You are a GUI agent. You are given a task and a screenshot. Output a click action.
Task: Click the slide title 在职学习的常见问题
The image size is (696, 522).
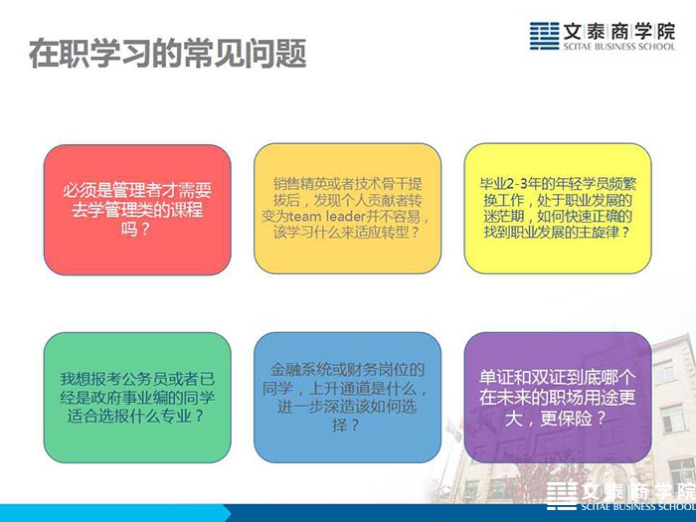click(x=168, y=54)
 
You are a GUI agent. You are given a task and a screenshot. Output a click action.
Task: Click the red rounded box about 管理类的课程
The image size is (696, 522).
click(x=137, y=210)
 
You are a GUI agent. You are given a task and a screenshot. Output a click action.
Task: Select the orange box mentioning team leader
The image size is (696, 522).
click(x=347, y=208)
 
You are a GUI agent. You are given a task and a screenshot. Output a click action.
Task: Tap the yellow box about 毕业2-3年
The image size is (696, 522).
click(x=558, y=208)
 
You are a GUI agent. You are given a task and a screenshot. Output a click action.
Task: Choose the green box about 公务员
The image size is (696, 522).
click(x=137, y=398)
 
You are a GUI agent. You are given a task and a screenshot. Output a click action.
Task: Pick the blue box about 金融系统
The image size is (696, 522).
click(x=347, y=398)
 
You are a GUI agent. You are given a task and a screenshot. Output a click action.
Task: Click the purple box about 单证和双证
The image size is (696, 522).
click(x=558, y=398)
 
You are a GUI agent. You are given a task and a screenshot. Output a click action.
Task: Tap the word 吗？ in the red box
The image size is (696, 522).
click(x=135, y=229)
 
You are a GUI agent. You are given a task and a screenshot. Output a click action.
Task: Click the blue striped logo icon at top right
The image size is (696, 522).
click(x=544, y=36)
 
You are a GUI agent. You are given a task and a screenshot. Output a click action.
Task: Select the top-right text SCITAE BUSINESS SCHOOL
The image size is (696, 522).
click(x=619, y=47)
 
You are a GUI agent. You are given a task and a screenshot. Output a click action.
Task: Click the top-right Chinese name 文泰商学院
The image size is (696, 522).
click(x=619, y=32)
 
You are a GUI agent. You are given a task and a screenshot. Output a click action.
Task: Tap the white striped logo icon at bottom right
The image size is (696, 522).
click(x=562, y=495)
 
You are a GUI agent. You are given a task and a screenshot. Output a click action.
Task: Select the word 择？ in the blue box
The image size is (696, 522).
click(x=345, y=426)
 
